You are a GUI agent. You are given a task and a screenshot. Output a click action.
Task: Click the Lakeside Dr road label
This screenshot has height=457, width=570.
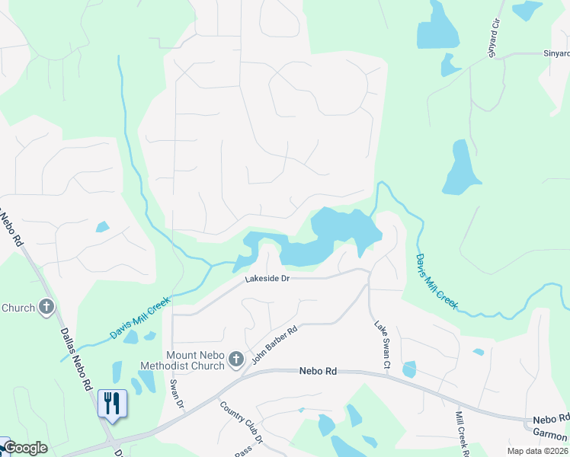point(267,280)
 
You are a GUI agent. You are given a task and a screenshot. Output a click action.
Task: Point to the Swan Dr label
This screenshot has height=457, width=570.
point(177,393)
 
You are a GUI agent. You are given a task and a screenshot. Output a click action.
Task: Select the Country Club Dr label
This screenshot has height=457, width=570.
point(241,422)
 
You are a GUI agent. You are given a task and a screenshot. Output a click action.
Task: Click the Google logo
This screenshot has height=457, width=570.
point(24,448)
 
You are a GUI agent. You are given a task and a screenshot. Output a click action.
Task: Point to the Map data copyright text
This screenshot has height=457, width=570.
point(537,451)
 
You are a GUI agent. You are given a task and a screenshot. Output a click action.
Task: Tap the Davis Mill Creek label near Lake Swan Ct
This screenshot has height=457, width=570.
point(436,282)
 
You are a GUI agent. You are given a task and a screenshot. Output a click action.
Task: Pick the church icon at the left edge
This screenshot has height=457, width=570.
point(46,308)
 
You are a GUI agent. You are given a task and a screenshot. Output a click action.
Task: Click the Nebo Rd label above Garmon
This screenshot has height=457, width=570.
point(550,420)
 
